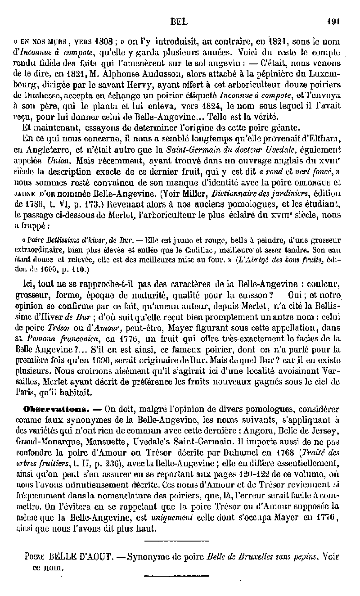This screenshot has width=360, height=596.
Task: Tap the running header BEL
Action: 179,21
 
